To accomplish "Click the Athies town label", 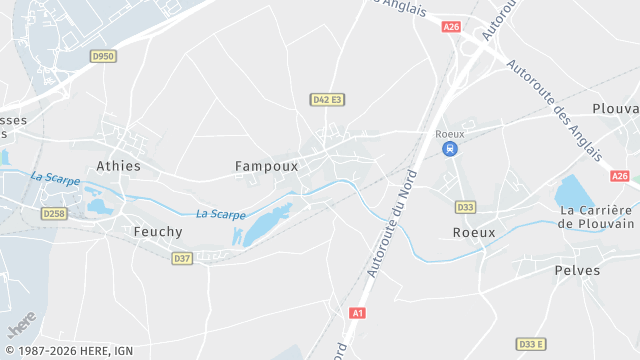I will click(x=118, y=166).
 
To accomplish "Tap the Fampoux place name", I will click(x=267, y=166).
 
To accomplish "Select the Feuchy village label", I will click(x=158, y=231).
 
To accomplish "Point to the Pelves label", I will click(x=577, y=270).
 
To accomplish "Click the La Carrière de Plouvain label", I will click(x=596, y=217).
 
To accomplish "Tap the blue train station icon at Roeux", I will click(x=450, y=149).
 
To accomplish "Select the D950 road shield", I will click(x=103, y=57).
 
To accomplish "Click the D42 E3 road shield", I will click(x=327, y=100).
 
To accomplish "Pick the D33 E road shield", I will click(x=531, y=344).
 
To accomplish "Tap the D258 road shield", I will click(x=54, y=214).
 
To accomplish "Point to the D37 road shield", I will click(x=181, y=258).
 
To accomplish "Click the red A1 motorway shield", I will click(x=357, y=313).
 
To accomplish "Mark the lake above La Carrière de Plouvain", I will click(x=573, y=190).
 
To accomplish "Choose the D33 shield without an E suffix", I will click(x=465, y=207).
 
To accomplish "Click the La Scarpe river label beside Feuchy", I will click(x=221, y=214).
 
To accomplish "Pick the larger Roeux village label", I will click(x=474, y=232).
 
